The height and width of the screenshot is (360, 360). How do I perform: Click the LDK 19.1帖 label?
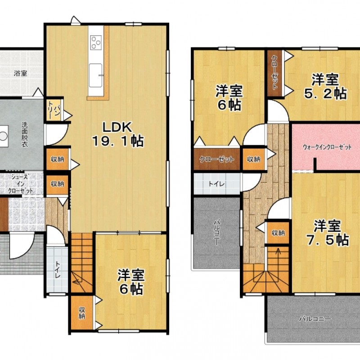(117, 134)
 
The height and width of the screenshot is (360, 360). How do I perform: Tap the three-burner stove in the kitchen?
(96, 42)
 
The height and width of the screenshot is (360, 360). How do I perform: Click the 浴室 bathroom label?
(20, 73)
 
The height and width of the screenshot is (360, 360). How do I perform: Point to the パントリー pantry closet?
(54, 109)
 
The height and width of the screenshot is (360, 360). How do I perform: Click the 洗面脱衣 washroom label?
(25, 135)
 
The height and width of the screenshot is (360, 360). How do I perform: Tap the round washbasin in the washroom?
(4, 136)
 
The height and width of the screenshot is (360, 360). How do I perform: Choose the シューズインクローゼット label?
(21, 184)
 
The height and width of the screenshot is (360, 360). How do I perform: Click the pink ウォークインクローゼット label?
(327, 147)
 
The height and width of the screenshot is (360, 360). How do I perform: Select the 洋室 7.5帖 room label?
(328, 233)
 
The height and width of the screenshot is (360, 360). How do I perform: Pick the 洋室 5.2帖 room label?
(325, 86)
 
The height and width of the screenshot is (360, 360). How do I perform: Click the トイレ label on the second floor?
(216, 184)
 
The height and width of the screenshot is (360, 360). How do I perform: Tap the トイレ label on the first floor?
(57, 270)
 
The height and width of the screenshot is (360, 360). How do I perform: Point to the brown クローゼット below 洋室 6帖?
(217, 159)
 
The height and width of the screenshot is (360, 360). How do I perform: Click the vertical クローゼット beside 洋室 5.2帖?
(274, 73)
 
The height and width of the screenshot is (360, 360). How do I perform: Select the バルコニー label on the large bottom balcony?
(315, 319)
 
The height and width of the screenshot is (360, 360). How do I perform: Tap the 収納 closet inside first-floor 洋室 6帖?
(82, 312)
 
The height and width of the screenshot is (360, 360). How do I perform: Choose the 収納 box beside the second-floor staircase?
(278, 233)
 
